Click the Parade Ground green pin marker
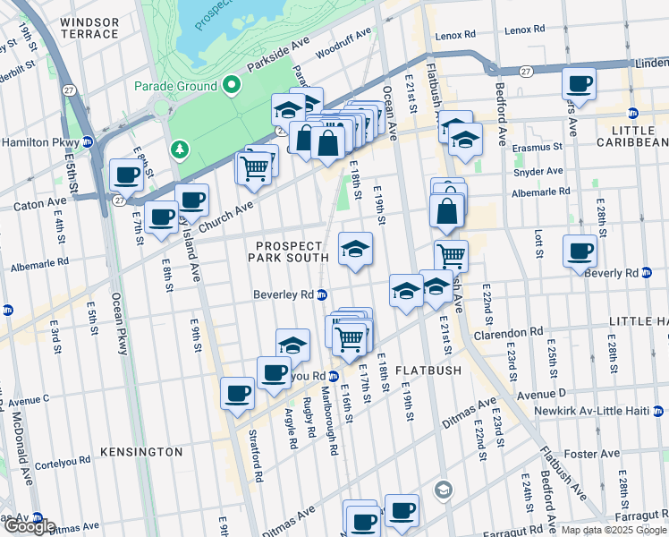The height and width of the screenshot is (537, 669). click(232, 86)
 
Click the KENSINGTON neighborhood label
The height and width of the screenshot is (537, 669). click(135, 452)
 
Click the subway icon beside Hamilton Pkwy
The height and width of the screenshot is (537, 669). click(88, 142)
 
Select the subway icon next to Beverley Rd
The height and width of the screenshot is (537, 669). click(322, 294)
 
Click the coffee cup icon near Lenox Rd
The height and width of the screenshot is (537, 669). click(580, 85)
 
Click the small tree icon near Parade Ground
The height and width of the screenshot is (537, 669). click(181, 148)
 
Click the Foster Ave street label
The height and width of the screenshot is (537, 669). click(597, 454)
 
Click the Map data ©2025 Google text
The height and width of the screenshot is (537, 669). click(614, 530)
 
